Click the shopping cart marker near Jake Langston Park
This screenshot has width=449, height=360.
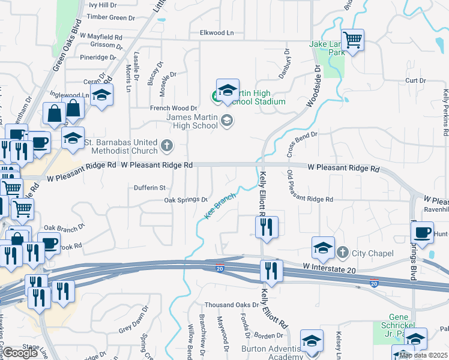352,40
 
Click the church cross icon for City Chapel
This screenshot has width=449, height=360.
343,252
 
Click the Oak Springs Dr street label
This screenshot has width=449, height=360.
185,200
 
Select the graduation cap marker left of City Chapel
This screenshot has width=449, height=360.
322,247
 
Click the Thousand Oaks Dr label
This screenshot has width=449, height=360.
230,305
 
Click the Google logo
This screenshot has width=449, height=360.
20,352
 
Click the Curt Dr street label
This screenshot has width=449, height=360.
415,80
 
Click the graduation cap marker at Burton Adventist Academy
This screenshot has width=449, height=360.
312,341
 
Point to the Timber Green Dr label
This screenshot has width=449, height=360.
111,17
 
